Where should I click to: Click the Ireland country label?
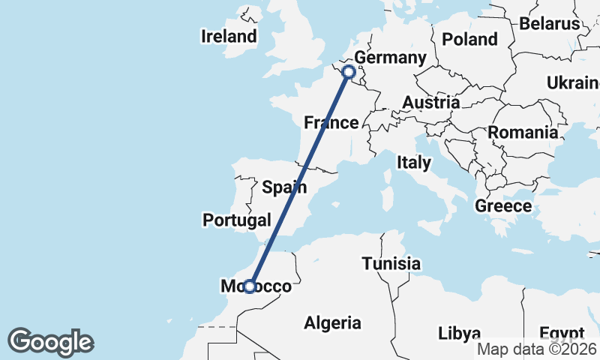[229, 36]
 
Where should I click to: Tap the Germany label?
[390, 58]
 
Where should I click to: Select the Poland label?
[470, 39]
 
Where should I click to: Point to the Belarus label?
[550, 23]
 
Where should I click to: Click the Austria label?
[430, 102]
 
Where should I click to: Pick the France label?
[331, 122]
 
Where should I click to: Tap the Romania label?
[523, 133]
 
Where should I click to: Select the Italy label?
[413, 162]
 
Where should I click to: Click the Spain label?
[284, 187]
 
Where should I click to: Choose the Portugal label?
[236, 220]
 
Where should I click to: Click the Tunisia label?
[391, 264]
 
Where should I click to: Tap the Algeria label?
[332, 323]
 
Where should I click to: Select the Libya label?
[460, 331]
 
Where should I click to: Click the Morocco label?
[256, 286]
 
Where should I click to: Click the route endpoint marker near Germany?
[348, 72]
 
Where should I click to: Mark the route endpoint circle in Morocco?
[250, 286]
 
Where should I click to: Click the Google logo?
[51, 342]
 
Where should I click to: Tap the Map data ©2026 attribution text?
[538, 349]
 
